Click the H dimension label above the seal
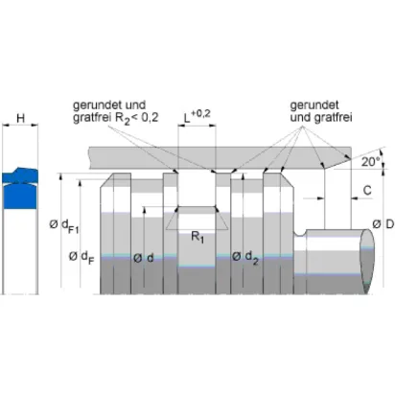[20, 119]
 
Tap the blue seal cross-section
[20, 189]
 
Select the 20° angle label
[370, 162]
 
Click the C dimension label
[367, 190]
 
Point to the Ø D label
[383, 224]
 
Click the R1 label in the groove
[197, 237]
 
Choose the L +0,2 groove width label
[197, 116]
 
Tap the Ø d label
[144, 258]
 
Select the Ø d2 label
[245, 257]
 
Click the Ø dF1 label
[64, 226]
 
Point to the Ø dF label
[81, 257]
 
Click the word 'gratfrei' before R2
[93, 118]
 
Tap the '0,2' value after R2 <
[150, 117]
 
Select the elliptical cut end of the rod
[366, 262]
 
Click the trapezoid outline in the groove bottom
[197, 219]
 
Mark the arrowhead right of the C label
[354, 198]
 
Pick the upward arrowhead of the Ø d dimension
[145, 209]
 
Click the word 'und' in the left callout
[135, 105]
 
